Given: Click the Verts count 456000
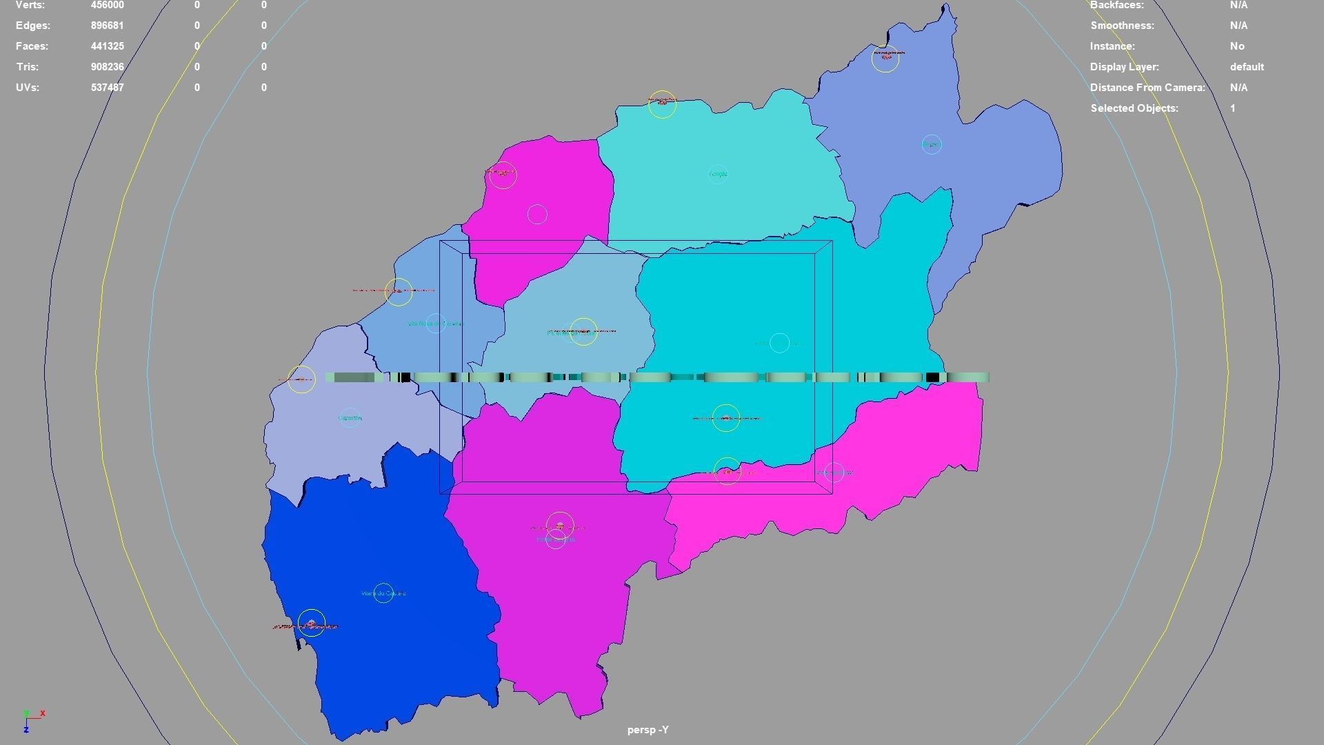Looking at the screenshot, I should pyautogui.click(x=107, y=5).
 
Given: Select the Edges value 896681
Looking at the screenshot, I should pyautogui.click(x=107, y=26).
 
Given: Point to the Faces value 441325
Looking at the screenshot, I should pyautogui.click(x=107, y=46).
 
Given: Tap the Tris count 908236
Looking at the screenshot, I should pyautogui.click(x=107, y=67).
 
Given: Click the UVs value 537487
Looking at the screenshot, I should pyautogui.click(x=107, y=88).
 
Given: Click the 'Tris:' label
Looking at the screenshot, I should pyautogui.click(x=27, y=67).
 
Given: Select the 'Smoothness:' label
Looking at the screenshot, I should pyautogui.click(x=1122, y=26).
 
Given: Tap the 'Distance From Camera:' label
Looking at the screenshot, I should pyautogui.click(x=1147, y=88).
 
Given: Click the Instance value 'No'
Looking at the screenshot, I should pyautogui.click(x=1237, y=46).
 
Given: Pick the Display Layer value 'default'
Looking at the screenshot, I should pyautogui.click(x=1247, y=67).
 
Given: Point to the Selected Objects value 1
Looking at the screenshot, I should pyautogui.click(x=1232, y=108).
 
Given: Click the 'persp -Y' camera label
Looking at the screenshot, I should pyautogui.click(x=648, y=730).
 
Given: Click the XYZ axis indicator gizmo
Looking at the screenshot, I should pyautogui.click(x=31, y=719).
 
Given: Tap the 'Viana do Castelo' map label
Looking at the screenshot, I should pyautogui.click(x=383, y=593).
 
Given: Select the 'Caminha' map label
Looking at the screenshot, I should pyautogui.click(x=350, y=418).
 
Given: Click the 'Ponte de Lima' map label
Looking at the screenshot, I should pyautogui.click(x=555, y=539).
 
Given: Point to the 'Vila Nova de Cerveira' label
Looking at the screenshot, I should pyautogui.click(x=435, y=324).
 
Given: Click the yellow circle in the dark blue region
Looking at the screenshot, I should pyautogui.click(x=312, y=623).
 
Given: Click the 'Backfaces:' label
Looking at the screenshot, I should pyautogui.click(x=1116, y=5).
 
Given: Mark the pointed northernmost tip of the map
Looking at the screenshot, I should pyautogui.click(x=946, y=5).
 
